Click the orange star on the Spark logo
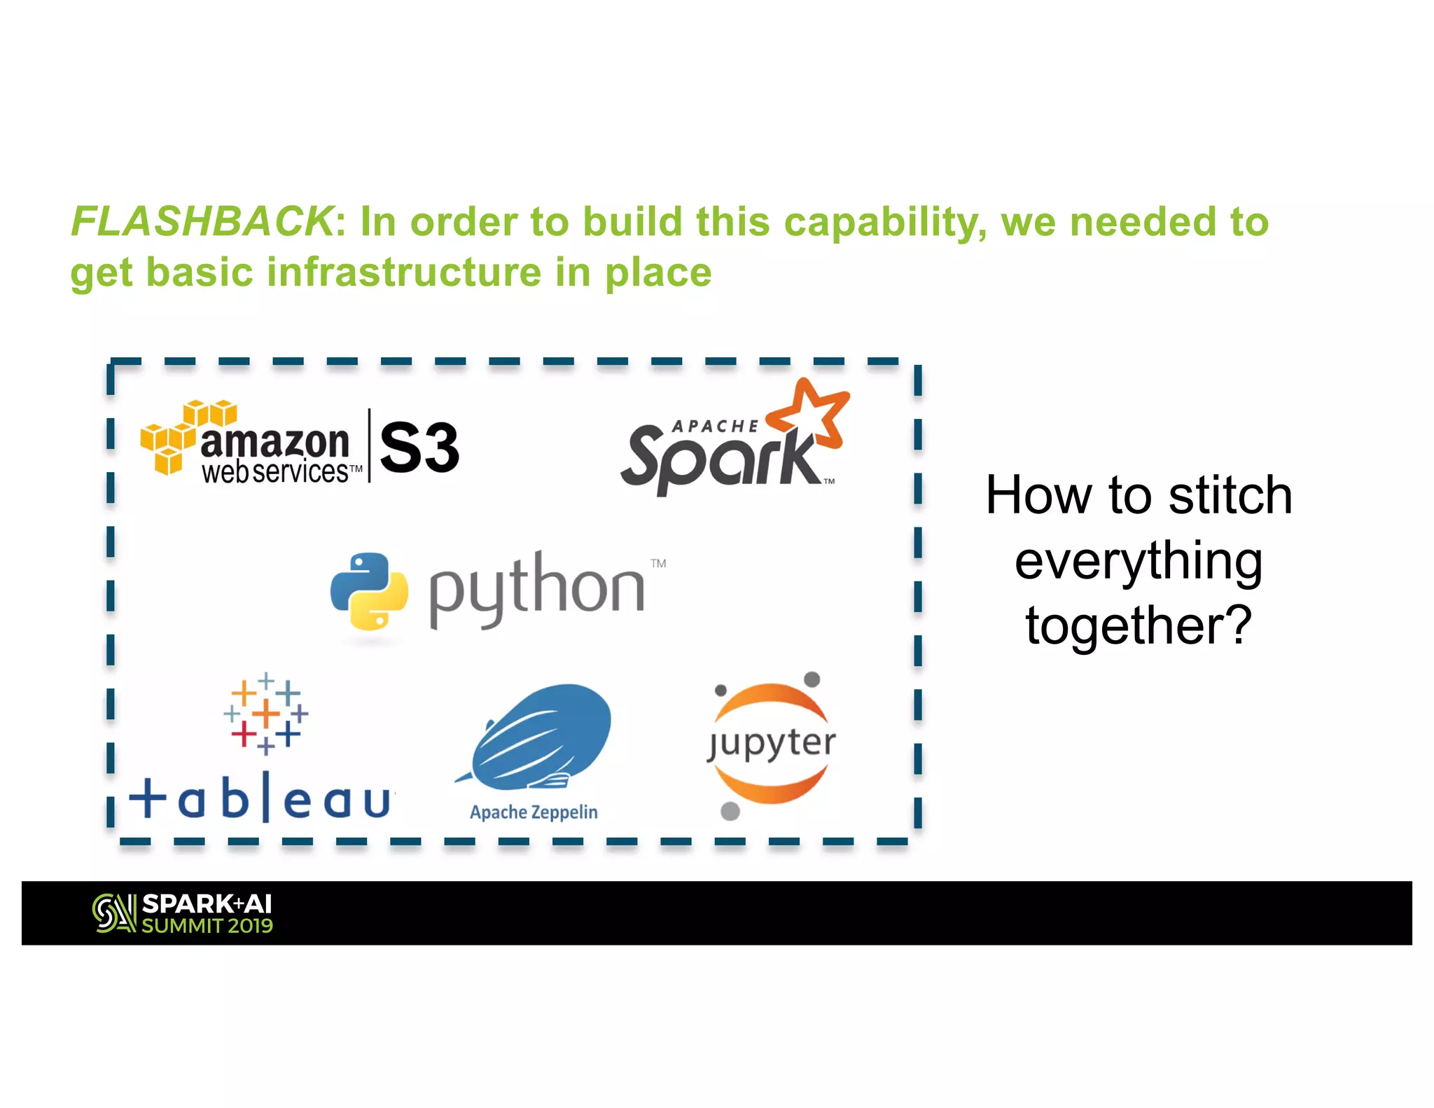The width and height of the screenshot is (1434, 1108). click(x=812, y=415)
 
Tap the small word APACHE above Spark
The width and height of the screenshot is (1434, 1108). click(x=714, y=426)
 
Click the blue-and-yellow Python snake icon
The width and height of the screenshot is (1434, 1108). click(x=369, y=590)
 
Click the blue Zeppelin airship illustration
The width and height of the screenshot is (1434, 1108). click(x=539, y=735)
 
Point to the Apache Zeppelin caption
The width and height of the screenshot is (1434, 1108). click(x=534, y=812)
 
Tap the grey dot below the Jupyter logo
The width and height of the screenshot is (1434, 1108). click(x=730, y=811)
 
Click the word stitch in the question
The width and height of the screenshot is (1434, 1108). click(x=1230, y=495)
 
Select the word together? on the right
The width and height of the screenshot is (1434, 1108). click(x=1139, y=625)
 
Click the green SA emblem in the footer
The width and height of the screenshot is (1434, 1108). click(x=113, y=913)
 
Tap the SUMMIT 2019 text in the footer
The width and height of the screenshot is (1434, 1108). click(x=207, y=926)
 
